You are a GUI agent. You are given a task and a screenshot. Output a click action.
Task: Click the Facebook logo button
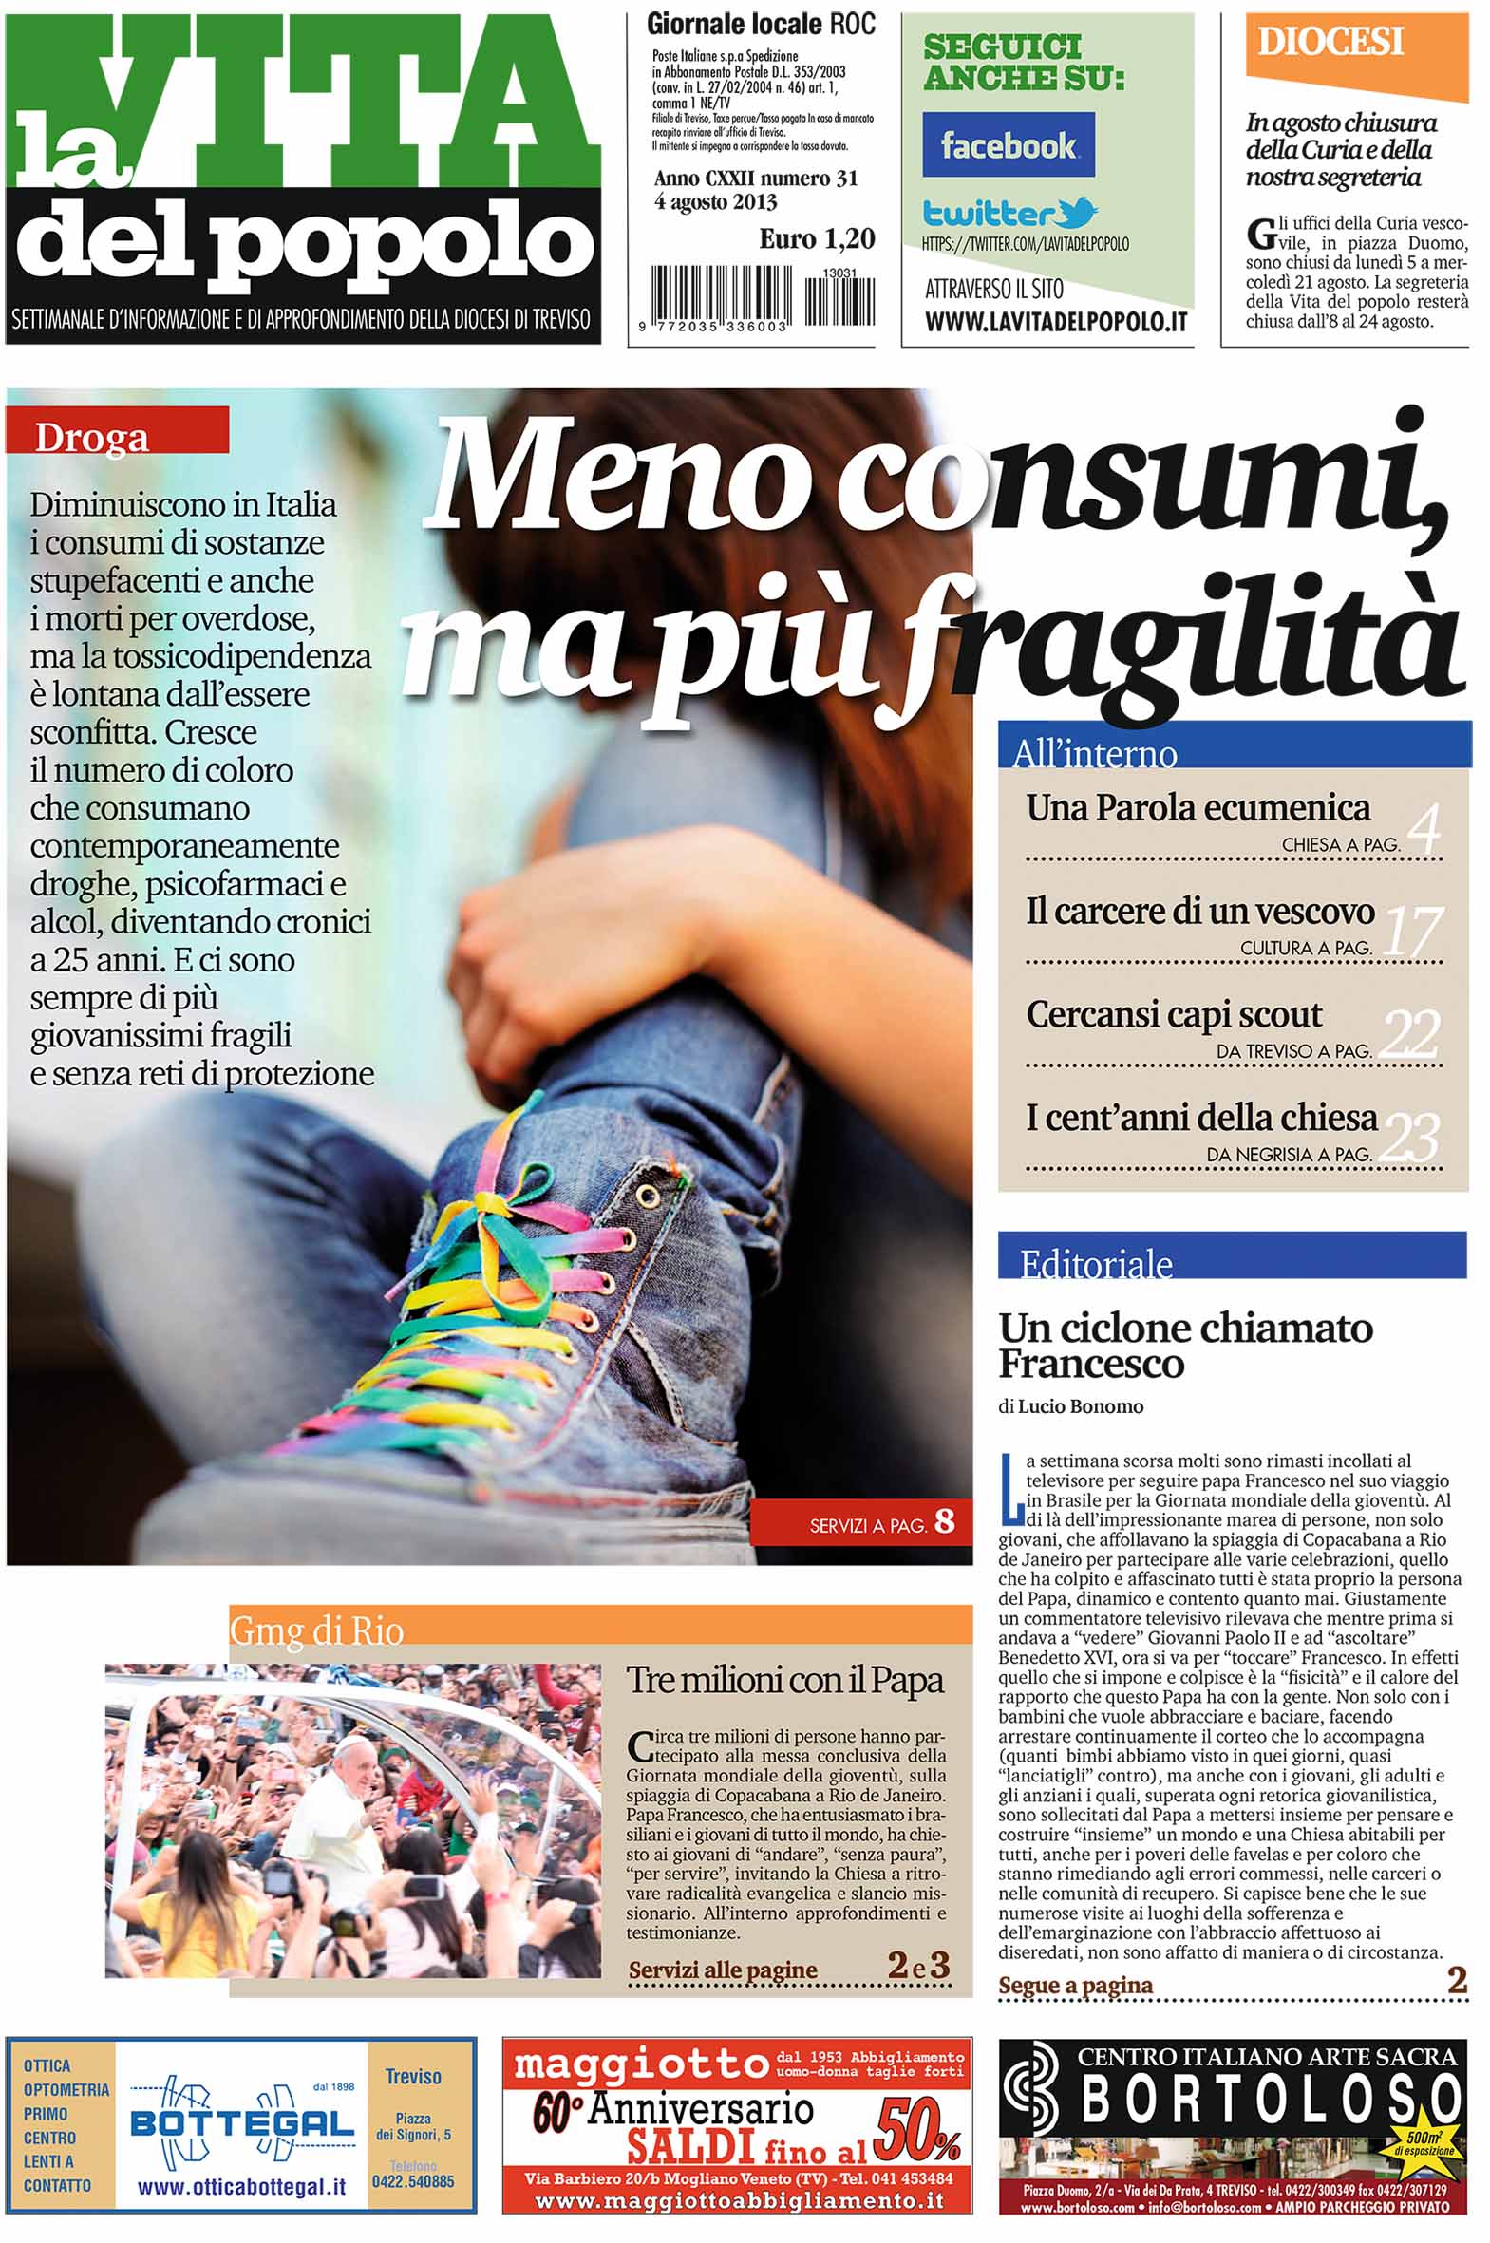(1008, 144)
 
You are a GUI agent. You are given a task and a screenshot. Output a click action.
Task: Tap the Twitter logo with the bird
(1009, 211)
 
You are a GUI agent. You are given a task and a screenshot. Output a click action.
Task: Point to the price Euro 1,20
(817, 239)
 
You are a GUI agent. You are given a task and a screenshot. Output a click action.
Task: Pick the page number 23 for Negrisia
(1410, 1138)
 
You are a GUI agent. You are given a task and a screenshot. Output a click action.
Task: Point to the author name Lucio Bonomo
(1081, 1406)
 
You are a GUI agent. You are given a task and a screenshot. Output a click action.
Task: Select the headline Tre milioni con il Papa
(785, 1681)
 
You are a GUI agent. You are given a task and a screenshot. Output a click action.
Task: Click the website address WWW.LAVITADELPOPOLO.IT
(1056, 323)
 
